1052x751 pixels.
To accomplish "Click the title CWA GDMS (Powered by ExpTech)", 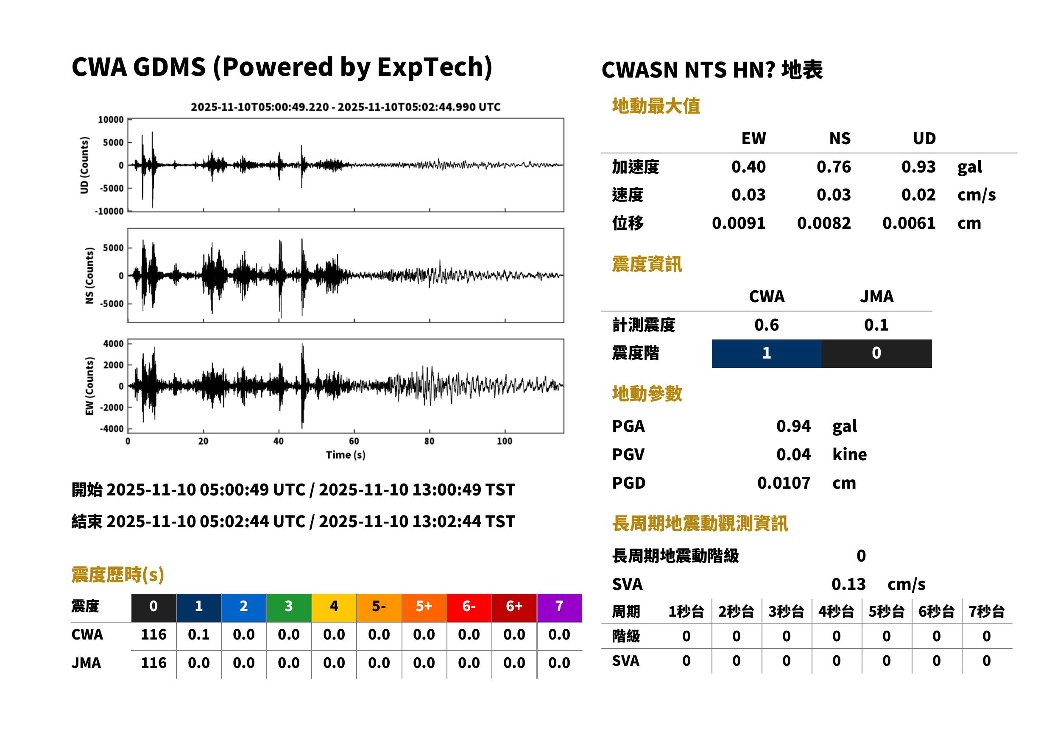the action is pos(282,67).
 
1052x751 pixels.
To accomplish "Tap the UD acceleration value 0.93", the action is pos(918,167).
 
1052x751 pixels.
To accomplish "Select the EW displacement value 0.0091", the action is pos(738,223).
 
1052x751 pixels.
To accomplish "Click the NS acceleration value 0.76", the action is pos(833,167).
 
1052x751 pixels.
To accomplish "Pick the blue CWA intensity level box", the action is pos(767,353).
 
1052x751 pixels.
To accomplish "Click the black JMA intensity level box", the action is pos(877,353).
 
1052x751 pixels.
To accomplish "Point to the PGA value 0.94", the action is pos(793,426).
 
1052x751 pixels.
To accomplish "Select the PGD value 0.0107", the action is pos(784,483).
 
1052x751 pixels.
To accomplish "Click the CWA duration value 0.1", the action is pos(199,634).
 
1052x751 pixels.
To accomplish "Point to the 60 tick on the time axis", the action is pos(354,441).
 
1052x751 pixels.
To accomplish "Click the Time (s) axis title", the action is pos(346,455).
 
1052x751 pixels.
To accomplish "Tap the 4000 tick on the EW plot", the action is pos(113,344).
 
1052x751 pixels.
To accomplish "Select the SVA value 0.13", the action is pos(848,584).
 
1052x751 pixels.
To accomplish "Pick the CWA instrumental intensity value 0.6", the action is pos(767,325).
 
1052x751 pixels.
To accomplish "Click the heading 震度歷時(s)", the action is pos(118,575).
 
